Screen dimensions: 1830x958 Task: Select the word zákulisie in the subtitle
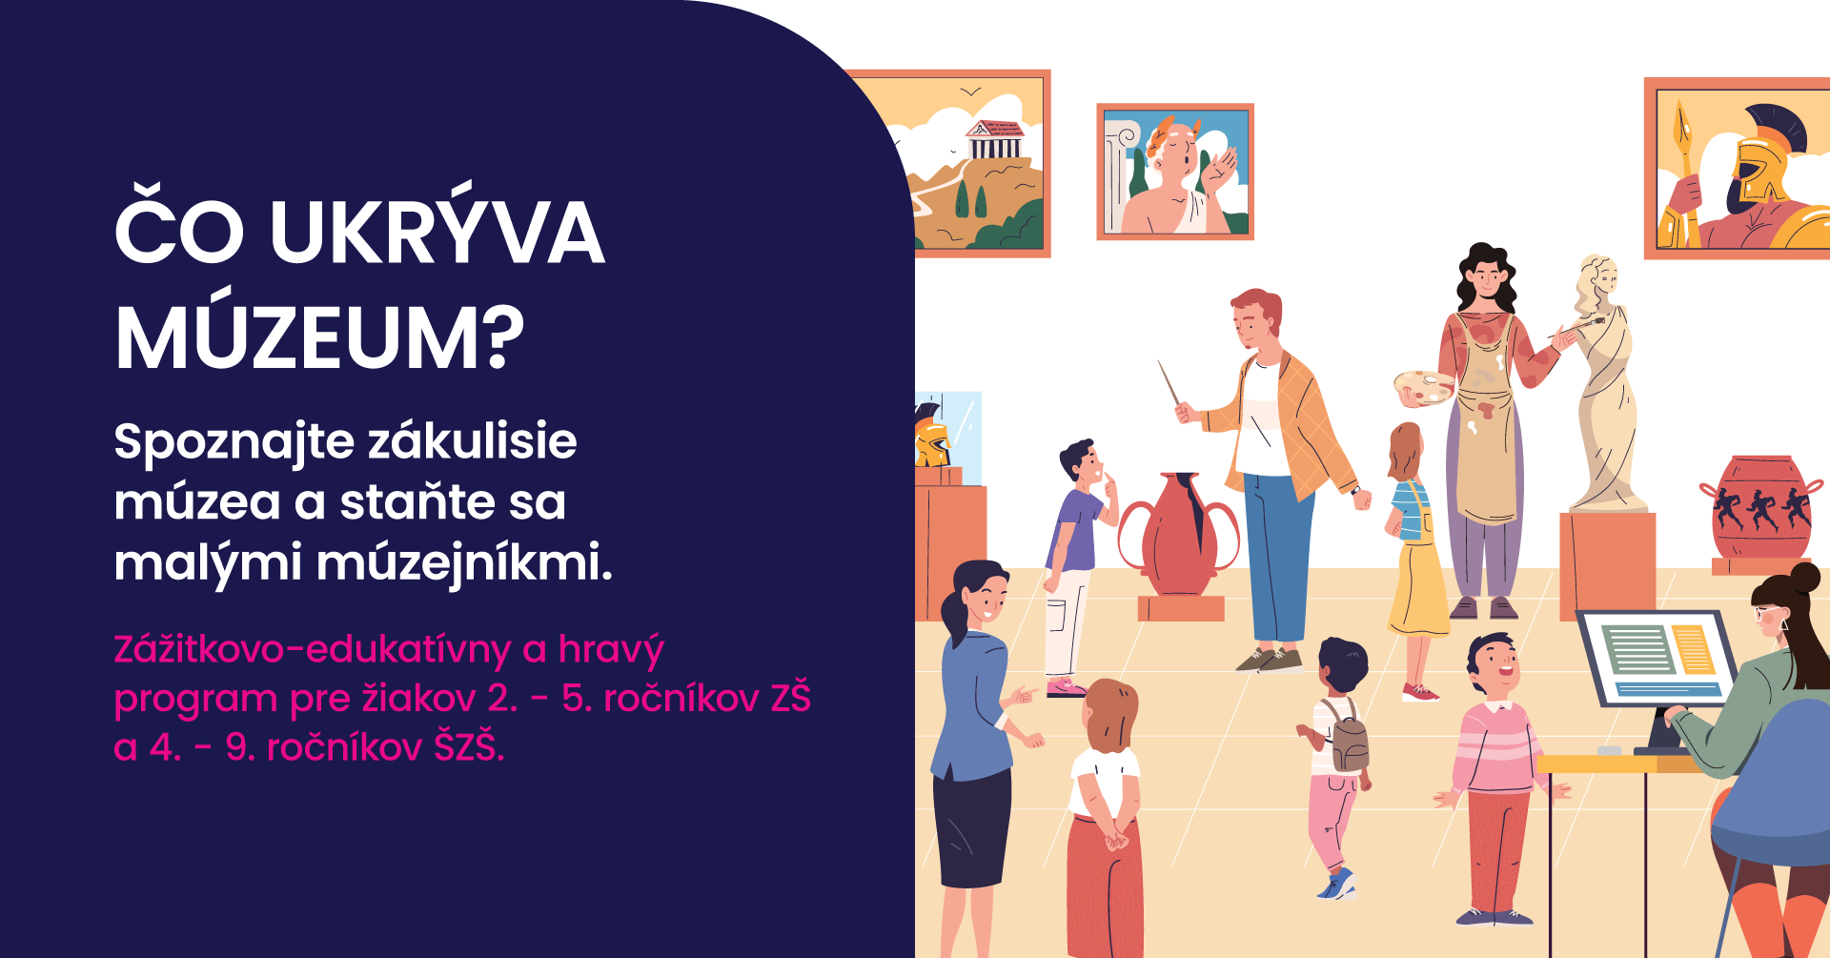pos(473,441)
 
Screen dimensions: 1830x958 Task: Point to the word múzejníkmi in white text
pos(464,562)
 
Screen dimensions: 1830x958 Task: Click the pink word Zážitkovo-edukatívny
pos(313,649)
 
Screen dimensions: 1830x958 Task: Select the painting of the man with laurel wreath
pos(1175,172)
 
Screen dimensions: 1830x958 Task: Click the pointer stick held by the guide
pos(1170,383)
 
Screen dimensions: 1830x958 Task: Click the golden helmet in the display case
pos(932,435)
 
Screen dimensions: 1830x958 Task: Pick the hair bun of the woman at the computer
pos(1804,578)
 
